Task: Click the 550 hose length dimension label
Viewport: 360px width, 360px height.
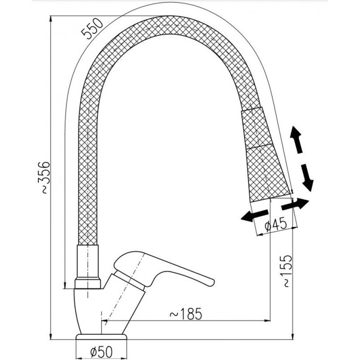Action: click(x=93, y=28)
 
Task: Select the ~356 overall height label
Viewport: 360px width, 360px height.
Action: click(x=44, y=178)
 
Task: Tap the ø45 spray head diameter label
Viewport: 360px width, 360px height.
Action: click(x=275, y=224)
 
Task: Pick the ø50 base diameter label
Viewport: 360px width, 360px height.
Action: click(x=102, y=351)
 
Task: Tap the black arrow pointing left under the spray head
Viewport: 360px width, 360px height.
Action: click(x=254, y=216)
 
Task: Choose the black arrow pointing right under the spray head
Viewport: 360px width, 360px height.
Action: click(x=295, y=204)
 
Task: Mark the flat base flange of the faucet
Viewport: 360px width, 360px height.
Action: click(x=102, y=337)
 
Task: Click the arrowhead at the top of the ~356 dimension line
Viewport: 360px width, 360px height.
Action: click(x=50, y=18)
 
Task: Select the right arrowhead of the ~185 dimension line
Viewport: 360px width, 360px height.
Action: click(x=267, y=320)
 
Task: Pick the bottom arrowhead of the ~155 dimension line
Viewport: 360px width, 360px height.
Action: click(x=293, y=336)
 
